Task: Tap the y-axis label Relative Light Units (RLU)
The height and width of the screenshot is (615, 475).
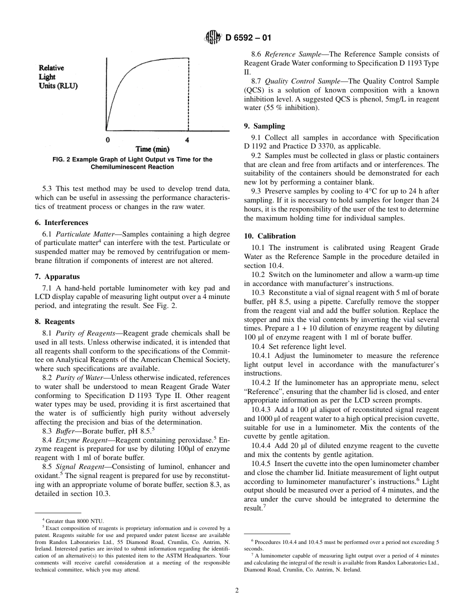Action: click(58, 76)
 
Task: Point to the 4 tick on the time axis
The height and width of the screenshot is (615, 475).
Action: click(187, 140)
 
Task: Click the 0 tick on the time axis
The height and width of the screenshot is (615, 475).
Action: click(108, 140)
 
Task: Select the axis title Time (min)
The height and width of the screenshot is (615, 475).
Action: click(152, 149)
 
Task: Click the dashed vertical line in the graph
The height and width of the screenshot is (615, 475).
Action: click(188, 95)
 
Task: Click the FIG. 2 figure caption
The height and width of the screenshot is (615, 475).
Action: click(132, 163)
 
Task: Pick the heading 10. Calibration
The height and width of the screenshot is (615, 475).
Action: click(269, 236)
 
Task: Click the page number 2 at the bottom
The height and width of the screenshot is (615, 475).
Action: click(237, 590)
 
